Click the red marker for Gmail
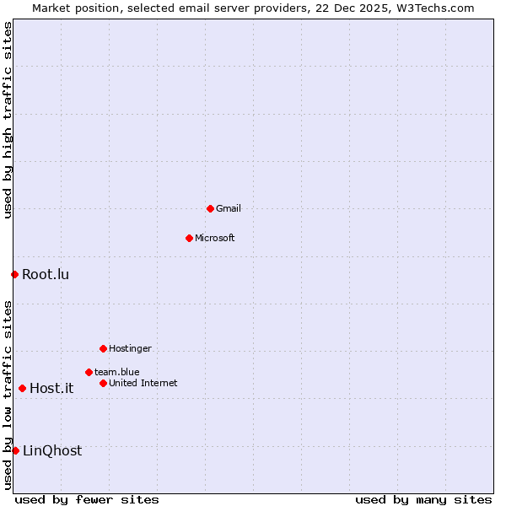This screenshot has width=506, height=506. click(x=210, y=208)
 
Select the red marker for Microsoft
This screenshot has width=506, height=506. click(x=189, y=238)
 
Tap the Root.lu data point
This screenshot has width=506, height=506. click(x=14, y=274)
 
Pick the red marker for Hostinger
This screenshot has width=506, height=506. click(x=103, y=348)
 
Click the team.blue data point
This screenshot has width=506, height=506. click(x=89, y=372)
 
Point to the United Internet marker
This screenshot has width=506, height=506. click(x=103, y=383)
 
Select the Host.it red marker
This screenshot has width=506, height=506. click(x=22, y=388)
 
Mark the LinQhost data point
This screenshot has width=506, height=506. click(x=15, y=450)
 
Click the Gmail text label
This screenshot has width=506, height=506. click(x=229, y=208)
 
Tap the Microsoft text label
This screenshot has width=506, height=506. click(x=215, y=238)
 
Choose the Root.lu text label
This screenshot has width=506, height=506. click(x=46, y=274)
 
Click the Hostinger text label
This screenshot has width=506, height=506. click(x=130, y=348)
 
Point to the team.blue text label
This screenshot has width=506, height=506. click(x=117, y=372)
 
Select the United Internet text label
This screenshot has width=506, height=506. click(x=143, y=383)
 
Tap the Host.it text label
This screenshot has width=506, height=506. click(x=51, y=388)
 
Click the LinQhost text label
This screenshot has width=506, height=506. click(x=52, y=450)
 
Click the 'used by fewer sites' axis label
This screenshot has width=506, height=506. click(x=87, y=499)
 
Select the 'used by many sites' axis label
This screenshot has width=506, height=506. click(x=423, y=499)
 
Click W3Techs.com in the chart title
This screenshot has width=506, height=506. click(x=435, y=8)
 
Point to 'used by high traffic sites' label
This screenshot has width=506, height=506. click(x=8, y=120)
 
